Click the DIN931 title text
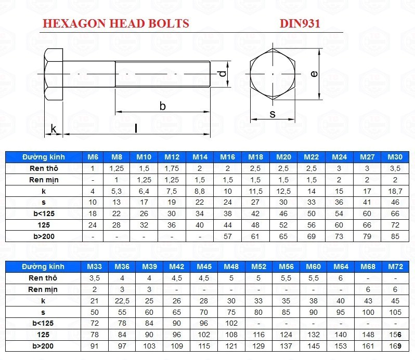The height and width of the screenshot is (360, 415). [300, 23]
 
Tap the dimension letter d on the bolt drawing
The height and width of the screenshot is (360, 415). [223, 74]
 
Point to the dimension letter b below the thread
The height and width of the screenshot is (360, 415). [162, 106]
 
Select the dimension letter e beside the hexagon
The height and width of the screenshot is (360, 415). [314, 73]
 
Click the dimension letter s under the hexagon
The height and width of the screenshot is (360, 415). [273, 114]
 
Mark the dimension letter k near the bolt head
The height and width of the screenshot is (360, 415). [54, 129]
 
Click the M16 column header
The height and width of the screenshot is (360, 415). [228, 157]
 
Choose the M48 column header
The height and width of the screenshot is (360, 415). [231, 266]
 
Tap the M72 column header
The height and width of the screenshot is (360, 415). [395, 266]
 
